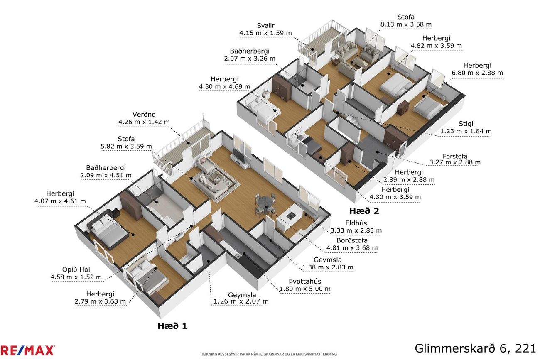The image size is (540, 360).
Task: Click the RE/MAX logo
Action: click(27, 350)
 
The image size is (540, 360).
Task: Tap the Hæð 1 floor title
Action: click(172, 326)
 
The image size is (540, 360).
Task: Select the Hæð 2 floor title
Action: click(364, 211)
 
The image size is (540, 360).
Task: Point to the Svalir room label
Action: click(265, 26)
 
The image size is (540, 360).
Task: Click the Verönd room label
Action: click(144, 115)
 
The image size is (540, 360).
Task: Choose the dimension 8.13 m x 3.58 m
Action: click(406, 24)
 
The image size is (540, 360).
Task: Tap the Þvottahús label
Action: click(305, 281)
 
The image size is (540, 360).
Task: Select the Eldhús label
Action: click(356, 223)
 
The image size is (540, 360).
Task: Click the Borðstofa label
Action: click(352, 240)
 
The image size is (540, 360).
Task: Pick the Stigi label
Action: click(466, 124)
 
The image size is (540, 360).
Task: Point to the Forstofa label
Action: click(455, 156)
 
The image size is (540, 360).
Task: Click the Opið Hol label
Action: click(76, 269)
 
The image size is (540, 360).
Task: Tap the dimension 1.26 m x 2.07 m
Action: click(241, 301)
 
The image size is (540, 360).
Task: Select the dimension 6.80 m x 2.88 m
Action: click(477, 73)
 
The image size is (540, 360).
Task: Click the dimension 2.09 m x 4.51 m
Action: click(106, 175)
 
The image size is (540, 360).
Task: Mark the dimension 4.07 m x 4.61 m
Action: click(60, 201)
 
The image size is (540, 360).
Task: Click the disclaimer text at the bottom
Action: click(269, 354)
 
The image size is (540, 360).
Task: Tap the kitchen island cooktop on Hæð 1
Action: click(291, 215)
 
